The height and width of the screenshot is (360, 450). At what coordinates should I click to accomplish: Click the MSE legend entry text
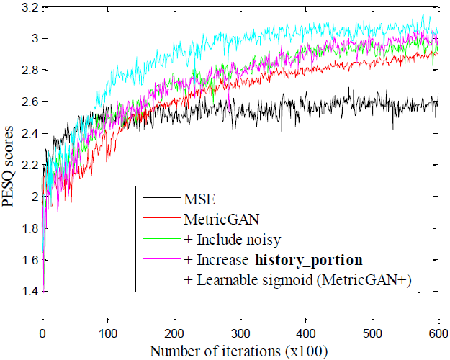tap(201, 197)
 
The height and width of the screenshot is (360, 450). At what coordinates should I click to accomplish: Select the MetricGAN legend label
tap(216, 216)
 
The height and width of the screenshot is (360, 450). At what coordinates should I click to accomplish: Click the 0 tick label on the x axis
tap(42, 333)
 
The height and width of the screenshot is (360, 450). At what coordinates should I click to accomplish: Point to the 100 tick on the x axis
tap(107, 333)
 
